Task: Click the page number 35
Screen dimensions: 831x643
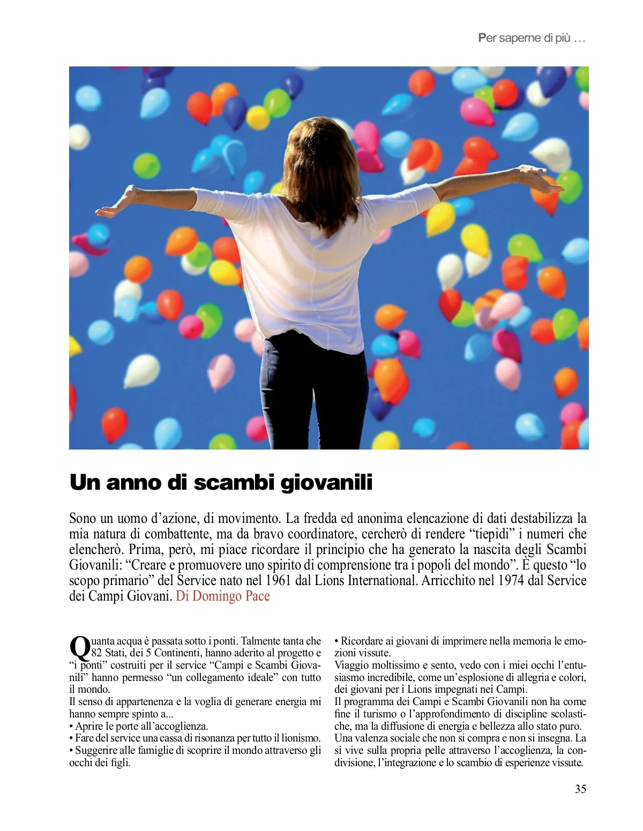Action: [x=580, y=789]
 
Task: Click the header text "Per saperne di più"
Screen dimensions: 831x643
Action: [x=531, y=38]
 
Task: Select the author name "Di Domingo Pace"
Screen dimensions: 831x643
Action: [x=223, y=596]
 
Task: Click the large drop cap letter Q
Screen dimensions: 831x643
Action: [x=80, y=648]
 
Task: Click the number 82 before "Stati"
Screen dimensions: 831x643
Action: [x=97, y=653]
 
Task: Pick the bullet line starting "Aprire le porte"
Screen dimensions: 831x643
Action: [x=139, y=726]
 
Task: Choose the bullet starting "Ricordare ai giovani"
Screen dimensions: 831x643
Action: [x=460, y=641]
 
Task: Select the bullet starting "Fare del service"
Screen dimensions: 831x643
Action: [x=195, y=738]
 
